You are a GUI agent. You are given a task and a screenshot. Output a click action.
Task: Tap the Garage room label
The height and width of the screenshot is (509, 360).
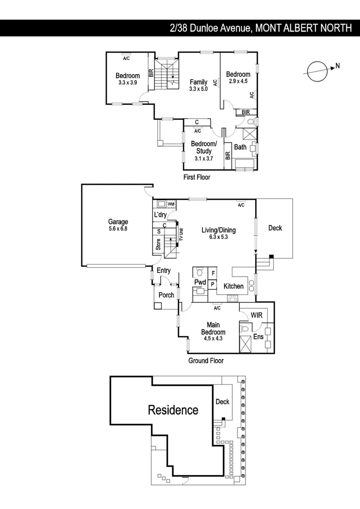118,222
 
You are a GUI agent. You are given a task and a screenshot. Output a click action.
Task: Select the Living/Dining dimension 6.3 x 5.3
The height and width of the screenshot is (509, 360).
218,237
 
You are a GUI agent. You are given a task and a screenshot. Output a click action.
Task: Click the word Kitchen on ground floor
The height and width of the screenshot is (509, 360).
233,286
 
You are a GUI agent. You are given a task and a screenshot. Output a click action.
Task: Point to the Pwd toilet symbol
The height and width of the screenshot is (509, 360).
199,272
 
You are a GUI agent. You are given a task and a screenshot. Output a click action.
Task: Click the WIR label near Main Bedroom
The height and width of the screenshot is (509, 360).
256,315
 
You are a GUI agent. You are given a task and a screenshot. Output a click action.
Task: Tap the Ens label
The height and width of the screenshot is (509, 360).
259,337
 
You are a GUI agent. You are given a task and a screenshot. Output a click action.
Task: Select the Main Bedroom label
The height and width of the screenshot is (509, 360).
213,328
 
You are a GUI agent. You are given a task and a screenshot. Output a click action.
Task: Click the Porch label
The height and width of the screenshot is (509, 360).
166,295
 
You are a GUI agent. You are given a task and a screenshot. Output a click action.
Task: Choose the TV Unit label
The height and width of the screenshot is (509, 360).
181,235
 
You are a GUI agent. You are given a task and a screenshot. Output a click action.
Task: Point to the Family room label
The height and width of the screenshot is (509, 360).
198,82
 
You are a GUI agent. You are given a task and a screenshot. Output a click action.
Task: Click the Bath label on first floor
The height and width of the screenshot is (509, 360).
240,147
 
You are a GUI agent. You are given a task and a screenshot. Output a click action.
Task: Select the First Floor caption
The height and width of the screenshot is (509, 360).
196,177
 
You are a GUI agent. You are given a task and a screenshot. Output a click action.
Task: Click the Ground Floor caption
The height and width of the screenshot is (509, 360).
205,361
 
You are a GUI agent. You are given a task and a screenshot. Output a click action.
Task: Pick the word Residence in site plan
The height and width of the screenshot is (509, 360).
173,410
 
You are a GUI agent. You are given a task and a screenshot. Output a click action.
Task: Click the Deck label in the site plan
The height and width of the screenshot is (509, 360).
222,402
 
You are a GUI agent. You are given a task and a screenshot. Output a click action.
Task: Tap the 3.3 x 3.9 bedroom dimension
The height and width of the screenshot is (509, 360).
128,82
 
